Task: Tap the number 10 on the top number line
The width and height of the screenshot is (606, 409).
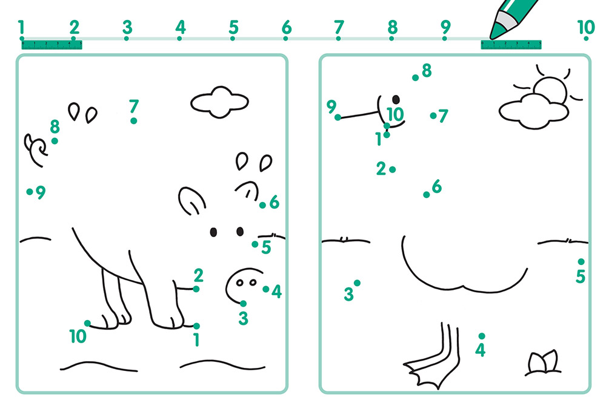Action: click(586, 27)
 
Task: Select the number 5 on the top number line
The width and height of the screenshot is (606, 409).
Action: click(233, 27)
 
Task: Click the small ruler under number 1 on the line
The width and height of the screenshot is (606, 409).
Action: click(52, 45)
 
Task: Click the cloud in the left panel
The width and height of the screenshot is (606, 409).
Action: click(219, 102)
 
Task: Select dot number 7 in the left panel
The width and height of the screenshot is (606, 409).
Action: click(134, 121)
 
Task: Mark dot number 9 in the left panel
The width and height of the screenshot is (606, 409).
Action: click(30, 191)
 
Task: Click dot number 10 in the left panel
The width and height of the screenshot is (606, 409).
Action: click(88, 323)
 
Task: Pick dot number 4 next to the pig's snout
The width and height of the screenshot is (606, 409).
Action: click(266, 289)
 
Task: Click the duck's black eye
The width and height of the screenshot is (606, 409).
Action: click(396, 100)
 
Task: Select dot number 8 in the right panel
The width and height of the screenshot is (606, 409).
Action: click(416, 78)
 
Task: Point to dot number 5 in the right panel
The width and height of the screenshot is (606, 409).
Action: click(581, 261)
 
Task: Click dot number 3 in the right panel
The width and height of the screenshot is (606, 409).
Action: click(357, 283)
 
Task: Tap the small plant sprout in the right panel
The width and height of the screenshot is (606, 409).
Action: click(543, 362)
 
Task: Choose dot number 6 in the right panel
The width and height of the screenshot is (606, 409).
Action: click(426, 195)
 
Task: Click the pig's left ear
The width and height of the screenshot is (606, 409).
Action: click(191, 201)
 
